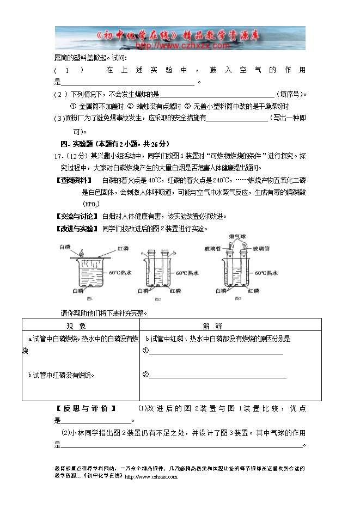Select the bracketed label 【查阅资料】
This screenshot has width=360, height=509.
coord(76,180)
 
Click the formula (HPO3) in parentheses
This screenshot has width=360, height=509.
coord(90,204)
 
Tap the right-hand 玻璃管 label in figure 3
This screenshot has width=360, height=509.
coord(262,248)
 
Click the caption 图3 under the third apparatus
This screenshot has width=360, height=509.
coord(238,299)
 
